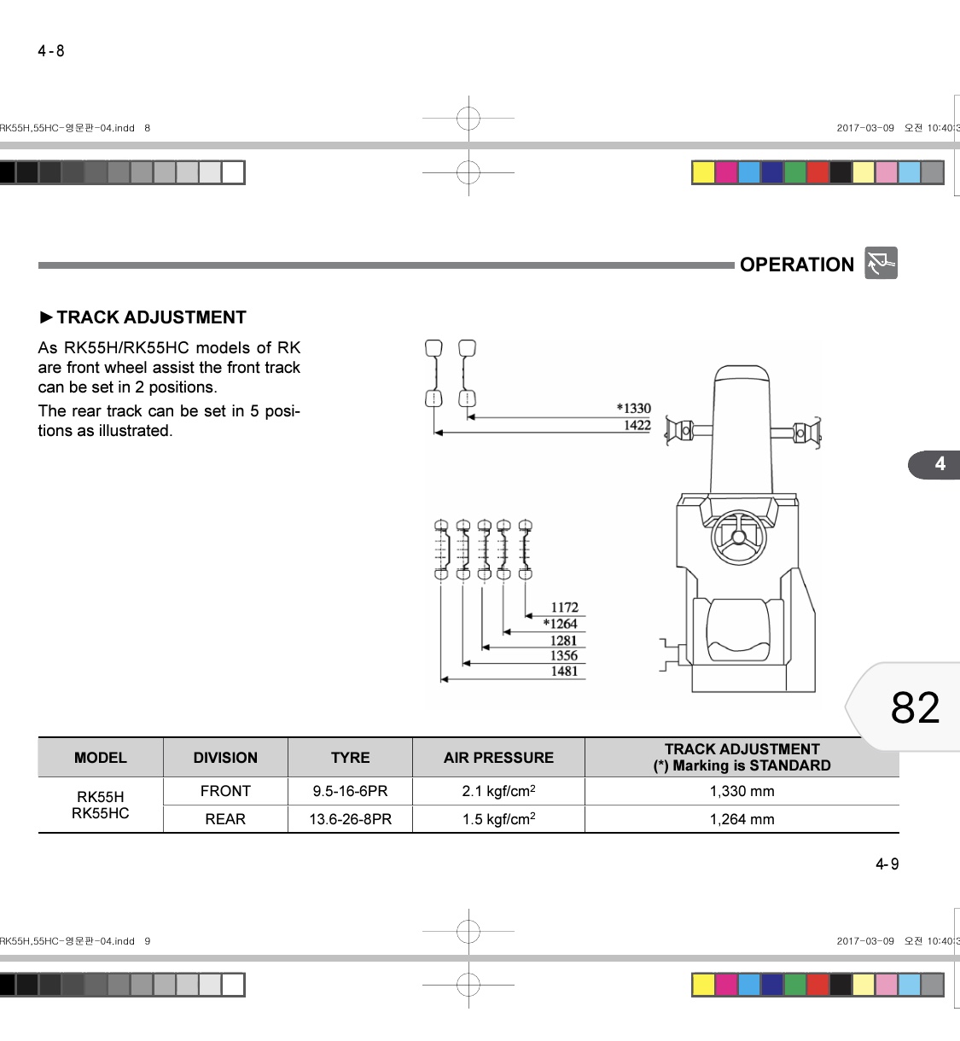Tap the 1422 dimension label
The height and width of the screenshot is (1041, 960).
pos(637,425)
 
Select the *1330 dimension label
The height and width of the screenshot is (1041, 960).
pos(634,409)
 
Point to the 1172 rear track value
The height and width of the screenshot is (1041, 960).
pos(564,607)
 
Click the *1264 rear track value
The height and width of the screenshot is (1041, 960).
pos(560,624)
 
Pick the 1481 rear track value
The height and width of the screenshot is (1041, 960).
pos(564,671)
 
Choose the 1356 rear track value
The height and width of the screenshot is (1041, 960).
pos(564,655)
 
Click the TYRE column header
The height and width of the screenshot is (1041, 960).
pos(350,758)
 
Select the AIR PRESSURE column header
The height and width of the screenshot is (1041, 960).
pos(498,758)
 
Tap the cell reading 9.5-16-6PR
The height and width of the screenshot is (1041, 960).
pos(350,791)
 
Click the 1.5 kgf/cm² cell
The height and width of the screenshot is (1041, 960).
pos(498,819)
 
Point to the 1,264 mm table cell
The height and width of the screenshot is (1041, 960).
pos(742,819)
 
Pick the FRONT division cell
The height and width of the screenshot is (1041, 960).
pos(225,791)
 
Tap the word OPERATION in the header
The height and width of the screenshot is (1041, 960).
pos(797,265)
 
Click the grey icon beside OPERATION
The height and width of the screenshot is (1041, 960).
pos(881,263)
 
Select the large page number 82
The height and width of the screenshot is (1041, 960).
pos(915,707)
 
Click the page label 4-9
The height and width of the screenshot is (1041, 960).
pos(887,864)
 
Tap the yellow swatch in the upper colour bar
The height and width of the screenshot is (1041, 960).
pos(703,172)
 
